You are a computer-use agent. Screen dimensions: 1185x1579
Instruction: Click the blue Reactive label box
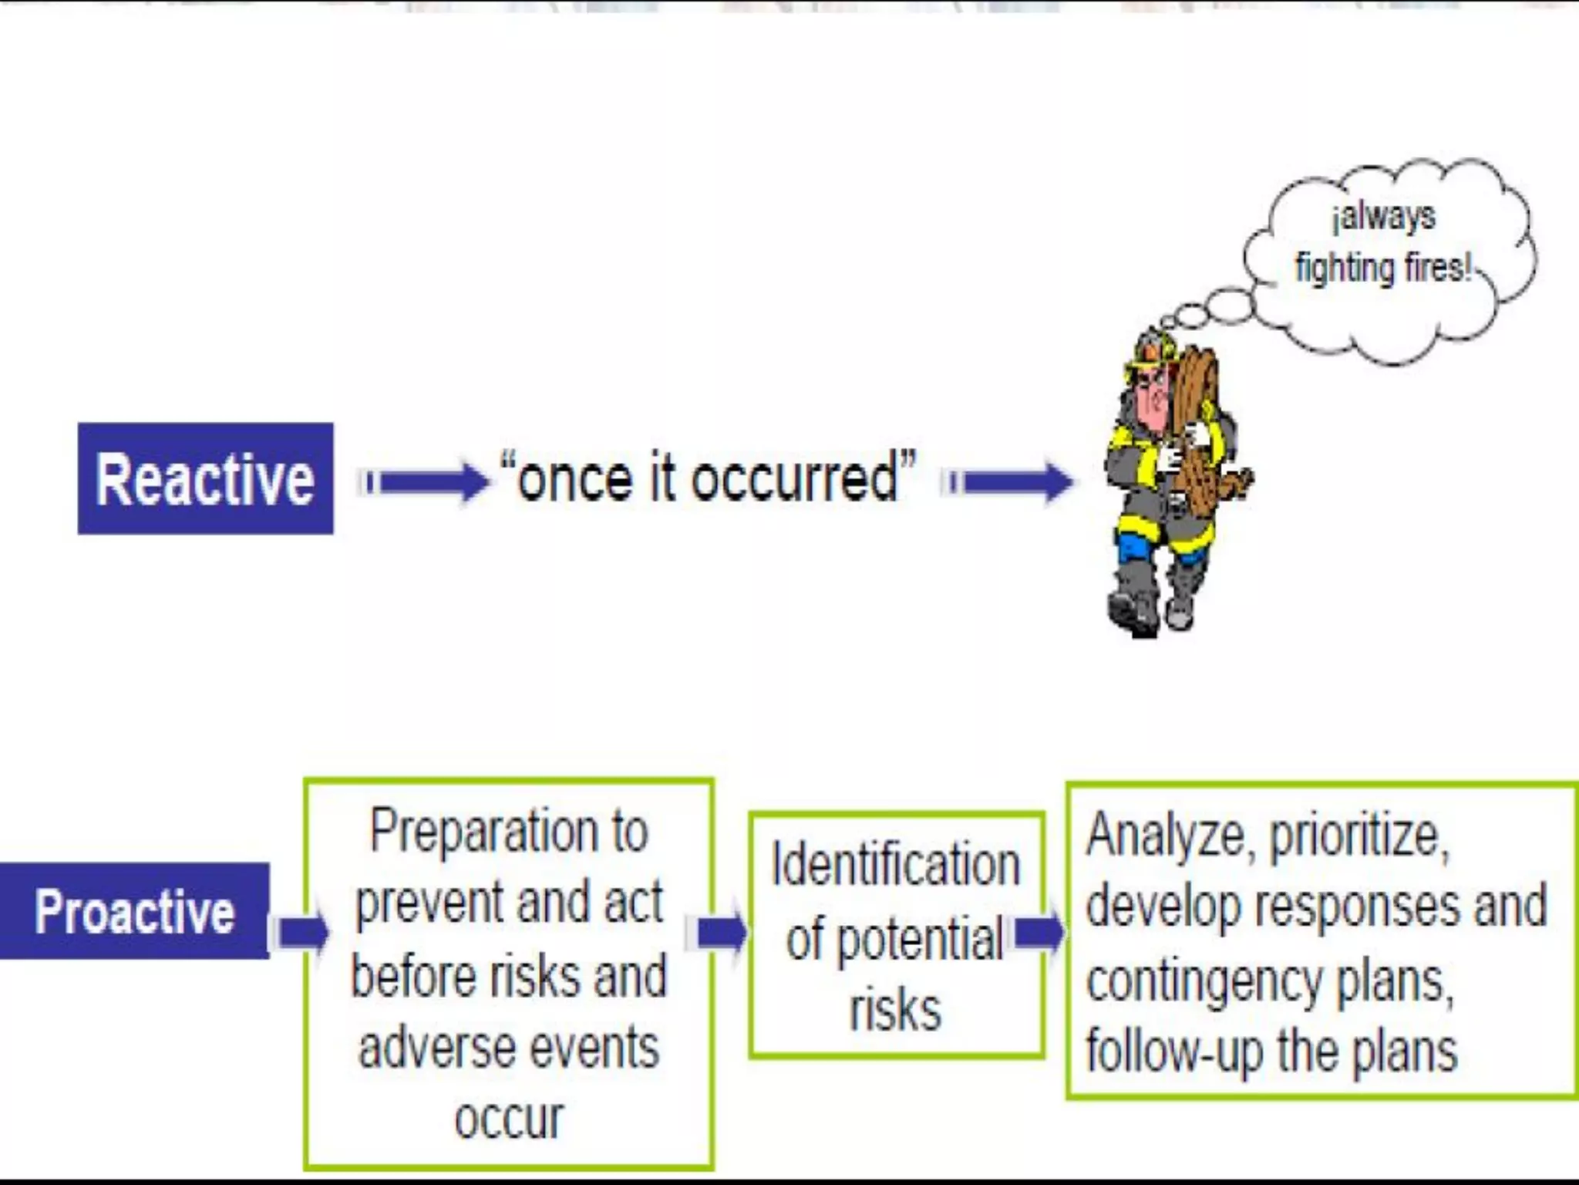coord(205,478)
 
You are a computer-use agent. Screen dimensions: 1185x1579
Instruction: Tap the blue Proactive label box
coord(134,911)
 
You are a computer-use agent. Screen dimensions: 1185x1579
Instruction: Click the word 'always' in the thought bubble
coord(1385,217)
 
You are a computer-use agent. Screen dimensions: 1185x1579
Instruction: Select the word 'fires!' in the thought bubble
coord(1437,268)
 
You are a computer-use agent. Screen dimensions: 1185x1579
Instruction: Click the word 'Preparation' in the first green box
coord(483,832)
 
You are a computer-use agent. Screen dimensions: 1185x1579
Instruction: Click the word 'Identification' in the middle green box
coord(896,864)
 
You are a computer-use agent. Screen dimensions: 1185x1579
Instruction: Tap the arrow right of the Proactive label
coord(301,933)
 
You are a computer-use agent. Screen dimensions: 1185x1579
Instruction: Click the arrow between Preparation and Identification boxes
coord(721,933)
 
